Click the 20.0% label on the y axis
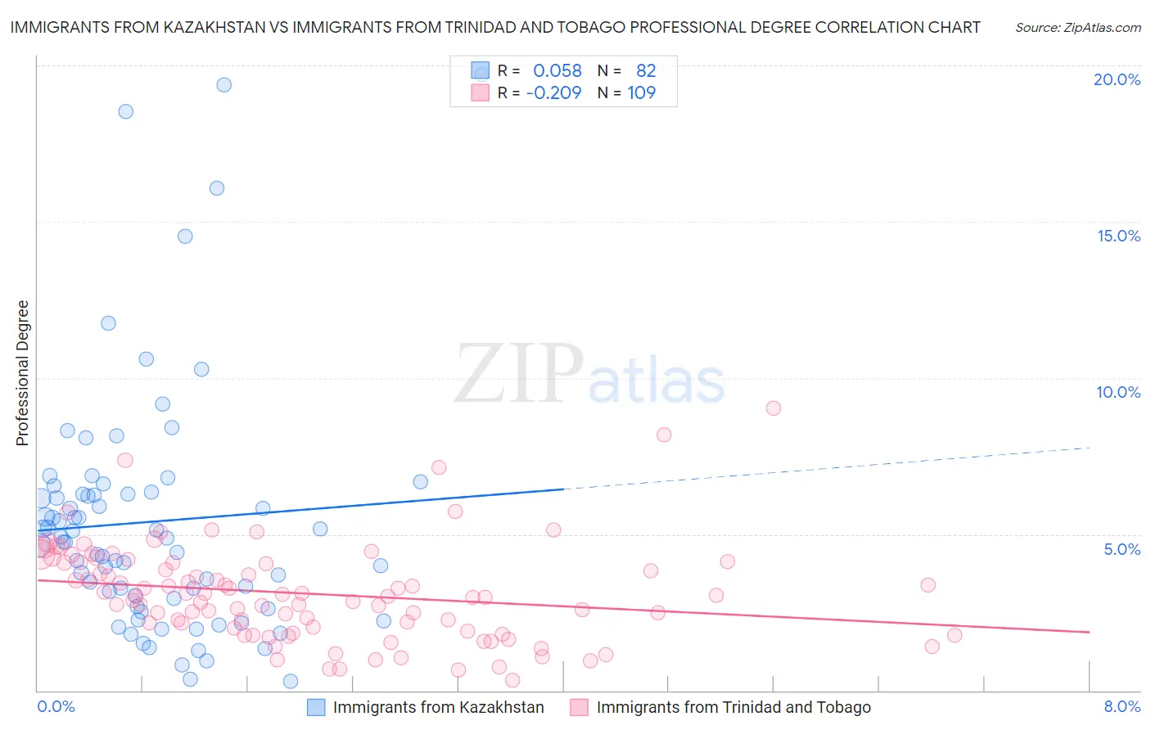(1117, 79)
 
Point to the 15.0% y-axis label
(1118, 236)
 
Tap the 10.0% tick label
(1118, 392)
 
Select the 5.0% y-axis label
(1122, 549)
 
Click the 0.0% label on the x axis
(56, 706)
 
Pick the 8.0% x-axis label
(1122, 706)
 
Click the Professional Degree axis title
(22, 373)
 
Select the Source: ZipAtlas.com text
(1077, 27)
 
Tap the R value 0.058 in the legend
(557, 71)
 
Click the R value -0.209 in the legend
(553, 92)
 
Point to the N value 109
(641, 92)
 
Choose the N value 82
(646, 71)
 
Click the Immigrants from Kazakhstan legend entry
(438, 707)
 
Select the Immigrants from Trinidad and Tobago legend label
(733, 707)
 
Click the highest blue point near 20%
(223, 85)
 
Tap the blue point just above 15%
(185, 237)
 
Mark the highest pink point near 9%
(773, 408)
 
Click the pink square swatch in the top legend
(480, 92)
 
